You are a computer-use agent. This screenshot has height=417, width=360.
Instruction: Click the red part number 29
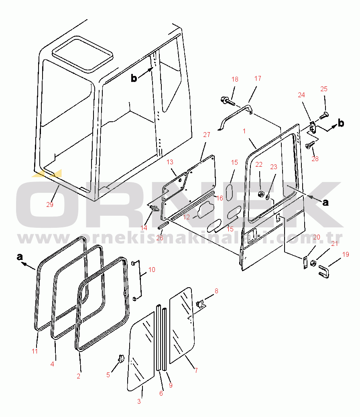pos(50,204)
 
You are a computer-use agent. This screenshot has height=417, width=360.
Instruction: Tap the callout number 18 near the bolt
pos(235,79)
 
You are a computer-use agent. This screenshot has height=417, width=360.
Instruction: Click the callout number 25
pos(324,89)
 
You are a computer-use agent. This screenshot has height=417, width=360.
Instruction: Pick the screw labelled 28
pos(310,145)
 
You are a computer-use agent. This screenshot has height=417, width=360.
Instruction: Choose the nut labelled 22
pos(260,194)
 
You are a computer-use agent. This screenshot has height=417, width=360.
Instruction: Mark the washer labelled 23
pos(268,197)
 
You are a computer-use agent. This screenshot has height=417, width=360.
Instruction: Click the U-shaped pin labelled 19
pos(323,272)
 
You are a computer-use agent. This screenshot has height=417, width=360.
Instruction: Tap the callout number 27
pos(207,135)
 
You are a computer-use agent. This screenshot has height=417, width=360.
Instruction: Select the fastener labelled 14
pos(154,208)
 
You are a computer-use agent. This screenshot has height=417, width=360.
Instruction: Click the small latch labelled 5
pos(121,358)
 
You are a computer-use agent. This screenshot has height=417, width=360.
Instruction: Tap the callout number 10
pos(152,270)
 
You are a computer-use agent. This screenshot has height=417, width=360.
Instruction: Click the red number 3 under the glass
pos(139,401)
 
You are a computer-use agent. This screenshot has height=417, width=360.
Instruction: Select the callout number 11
pos(35,351)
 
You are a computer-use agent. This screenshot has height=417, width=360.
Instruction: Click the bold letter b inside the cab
pos(134,78)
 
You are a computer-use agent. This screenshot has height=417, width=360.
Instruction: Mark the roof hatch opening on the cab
pos(83,55)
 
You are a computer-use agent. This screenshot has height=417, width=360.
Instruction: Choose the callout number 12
pos(187,217)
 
